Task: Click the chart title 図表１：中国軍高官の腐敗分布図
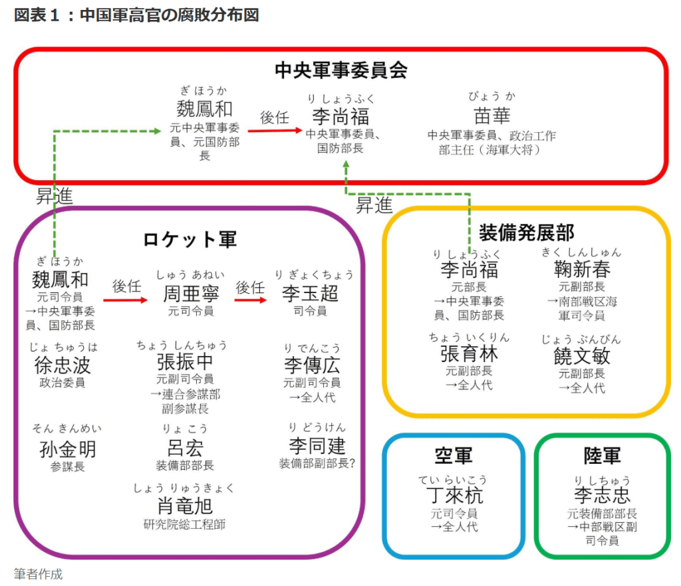click(x=136, y=15)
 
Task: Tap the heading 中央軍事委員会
click(x=340, y=70)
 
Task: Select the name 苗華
click(x=492, y=116)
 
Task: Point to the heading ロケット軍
click(x=190, y=239)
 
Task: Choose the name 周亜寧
click(x=191, y=293)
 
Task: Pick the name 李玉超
click(x=310, y=293)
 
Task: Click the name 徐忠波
click(x=63, y=365)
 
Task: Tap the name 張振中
click(x=186, y=362)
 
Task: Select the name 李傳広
click(x=312, y=365)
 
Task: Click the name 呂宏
click(x=186, y=447)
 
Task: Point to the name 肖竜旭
click(x=186, y=506)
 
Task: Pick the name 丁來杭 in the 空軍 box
click(x=454, y=495)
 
